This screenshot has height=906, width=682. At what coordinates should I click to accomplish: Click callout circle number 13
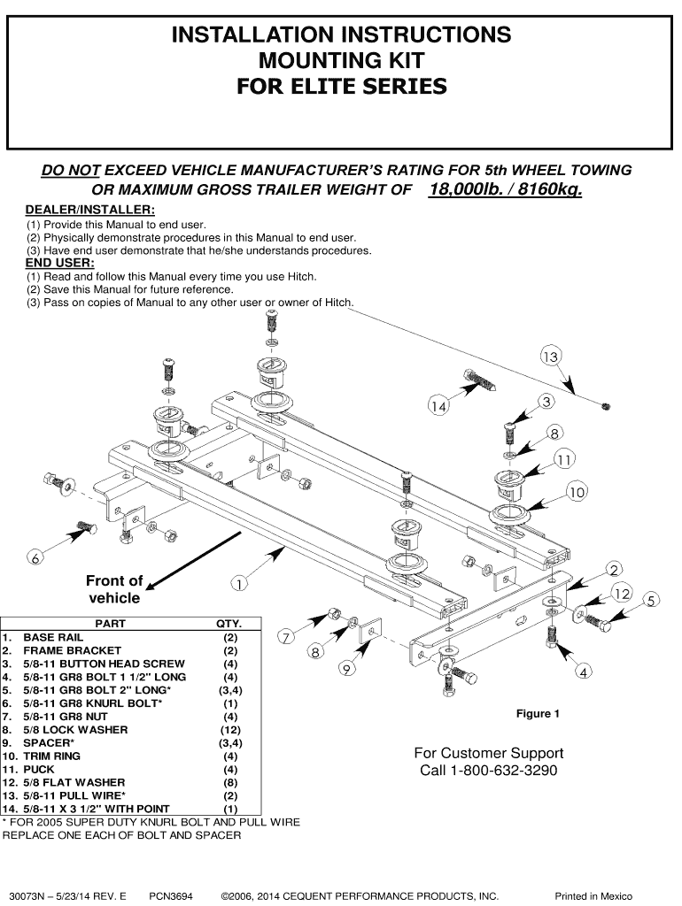point(550,357)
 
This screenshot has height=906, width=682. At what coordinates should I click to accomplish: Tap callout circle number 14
point(438,406)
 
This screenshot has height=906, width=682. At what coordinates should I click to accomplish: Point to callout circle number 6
point(35,557)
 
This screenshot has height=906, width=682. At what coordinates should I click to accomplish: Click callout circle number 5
point(651,602)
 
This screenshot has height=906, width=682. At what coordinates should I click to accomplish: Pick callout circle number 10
point(577,492)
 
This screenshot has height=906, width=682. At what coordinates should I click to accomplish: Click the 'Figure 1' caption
point(538,714)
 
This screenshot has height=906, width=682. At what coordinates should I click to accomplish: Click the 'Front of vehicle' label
point(114,589)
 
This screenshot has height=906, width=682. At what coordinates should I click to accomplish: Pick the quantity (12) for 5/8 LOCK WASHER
point(230,730)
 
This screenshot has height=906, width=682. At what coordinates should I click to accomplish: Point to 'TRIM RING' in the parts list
point(51,756)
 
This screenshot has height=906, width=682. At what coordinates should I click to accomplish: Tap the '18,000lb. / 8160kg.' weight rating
point(505,190)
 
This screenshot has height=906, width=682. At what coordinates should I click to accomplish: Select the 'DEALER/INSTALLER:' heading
point(89,210)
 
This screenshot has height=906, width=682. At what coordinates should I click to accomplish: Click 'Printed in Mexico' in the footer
point(593,896)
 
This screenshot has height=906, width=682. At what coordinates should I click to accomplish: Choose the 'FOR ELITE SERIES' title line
point(341,87)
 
